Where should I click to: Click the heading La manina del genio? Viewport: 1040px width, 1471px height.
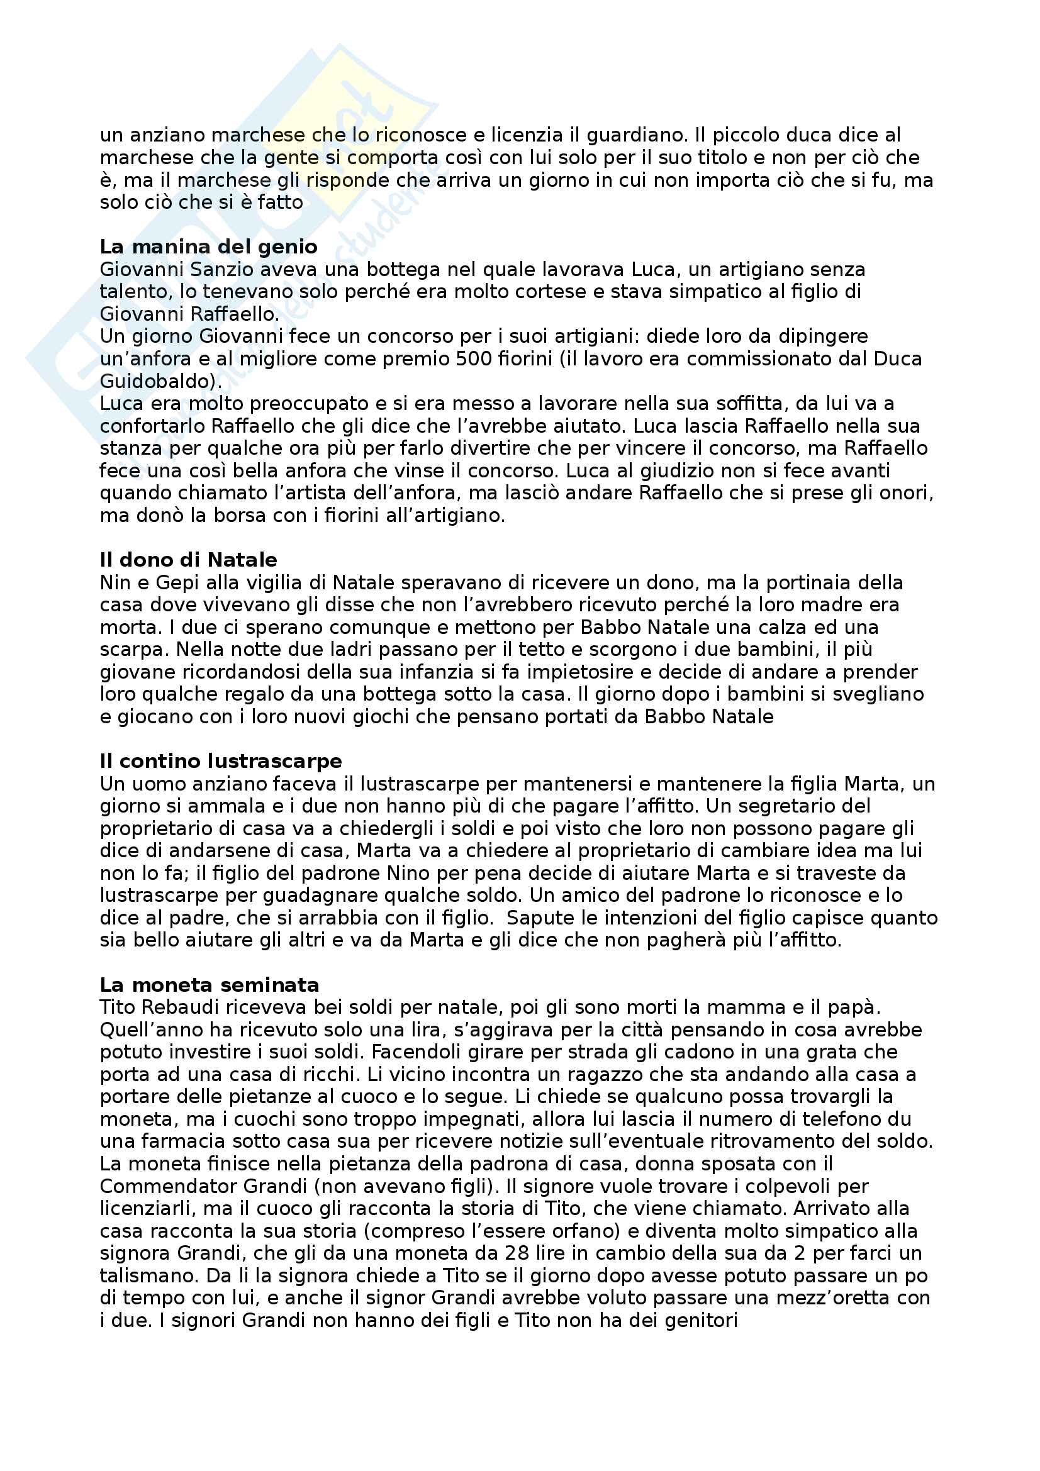208,247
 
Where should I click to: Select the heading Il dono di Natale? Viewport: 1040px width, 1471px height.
188,560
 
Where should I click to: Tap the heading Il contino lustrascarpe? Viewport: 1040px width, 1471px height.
220,761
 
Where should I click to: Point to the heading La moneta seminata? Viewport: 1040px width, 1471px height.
209,985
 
